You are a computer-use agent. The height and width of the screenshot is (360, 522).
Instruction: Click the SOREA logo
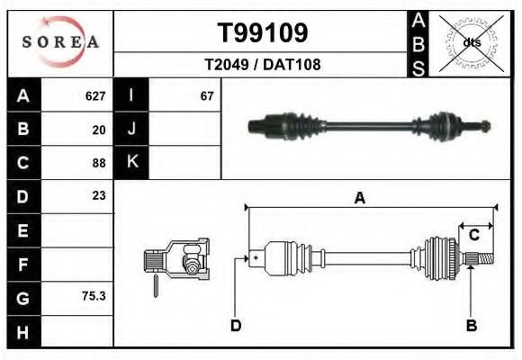pyautogui.click(x=60, y=42)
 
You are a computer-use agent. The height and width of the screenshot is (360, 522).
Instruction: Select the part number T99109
pyautogui.click(x=263, y=33)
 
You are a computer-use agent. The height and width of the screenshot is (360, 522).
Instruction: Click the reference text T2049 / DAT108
pyautogui.click(x=263, y=65)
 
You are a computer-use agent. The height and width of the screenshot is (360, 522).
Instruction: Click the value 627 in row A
pyautogui.click(x=95, y=96)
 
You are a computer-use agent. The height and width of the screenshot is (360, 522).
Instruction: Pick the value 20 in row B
pyautogui.click(x=99, y=130)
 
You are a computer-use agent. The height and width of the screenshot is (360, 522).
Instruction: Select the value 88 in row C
pyautogui.click(x=99, y=163)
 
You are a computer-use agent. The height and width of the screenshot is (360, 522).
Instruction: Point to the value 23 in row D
pyautogui.click(x=99, y=195)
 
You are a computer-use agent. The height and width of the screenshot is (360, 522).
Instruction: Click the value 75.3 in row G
pyautogui.click(x=94, y=294)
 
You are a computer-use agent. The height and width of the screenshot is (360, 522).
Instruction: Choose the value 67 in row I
pyautogui.click(x=207, y=96)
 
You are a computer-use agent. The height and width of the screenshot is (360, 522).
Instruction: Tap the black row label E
pyautogui.click(x=22, y=230)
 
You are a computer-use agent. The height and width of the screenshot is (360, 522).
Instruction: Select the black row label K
pyautogui.click(x=131, y=163)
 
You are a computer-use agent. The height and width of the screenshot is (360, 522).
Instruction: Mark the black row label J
pyautogui.click(x=131, y=130)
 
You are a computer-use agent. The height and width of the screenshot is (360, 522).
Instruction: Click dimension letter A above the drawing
pyautogui.click(x=360, y=199)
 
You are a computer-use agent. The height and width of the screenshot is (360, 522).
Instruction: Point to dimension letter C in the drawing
pyautogui.click(x=473, y=235)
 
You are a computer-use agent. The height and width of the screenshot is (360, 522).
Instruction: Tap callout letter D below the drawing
pyautogui.click(x=236, y=325)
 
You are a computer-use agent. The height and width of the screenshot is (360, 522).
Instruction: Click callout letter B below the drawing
pyautogui.click(x=471, y=325)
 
